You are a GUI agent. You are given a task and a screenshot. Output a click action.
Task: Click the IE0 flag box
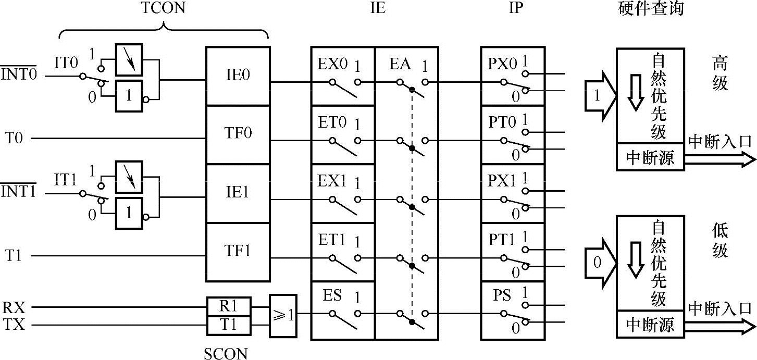coord(238,76)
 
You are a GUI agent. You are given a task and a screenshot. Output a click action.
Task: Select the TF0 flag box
coord(238,134)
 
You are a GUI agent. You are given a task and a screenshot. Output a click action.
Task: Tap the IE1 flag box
coord(238,193)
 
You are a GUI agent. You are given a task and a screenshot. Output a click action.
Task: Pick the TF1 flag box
coord(238,252)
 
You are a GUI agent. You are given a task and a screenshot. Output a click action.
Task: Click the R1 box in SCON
coord(229,306)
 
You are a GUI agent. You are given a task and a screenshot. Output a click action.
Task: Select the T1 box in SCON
coord(229,325)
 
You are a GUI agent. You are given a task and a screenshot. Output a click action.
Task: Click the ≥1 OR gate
coord(283,316)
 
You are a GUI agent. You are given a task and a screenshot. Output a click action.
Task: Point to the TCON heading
coord(163,8)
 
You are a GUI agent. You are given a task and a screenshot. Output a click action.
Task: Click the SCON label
coord(226,354)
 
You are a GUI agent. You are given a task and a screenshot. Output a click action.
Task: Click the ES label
coord(332,296)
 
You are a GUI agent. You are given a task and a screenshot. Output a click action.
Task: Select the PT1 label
coord(502,240)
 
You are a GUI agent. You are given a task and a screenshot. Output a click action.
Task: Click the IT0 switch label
coord(66,64)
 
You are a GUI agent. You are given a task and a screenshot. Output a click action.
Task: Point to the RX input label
coord(14,307)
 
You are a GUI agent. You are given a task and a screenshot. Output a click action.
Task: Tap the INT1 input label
coord(18,192)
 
